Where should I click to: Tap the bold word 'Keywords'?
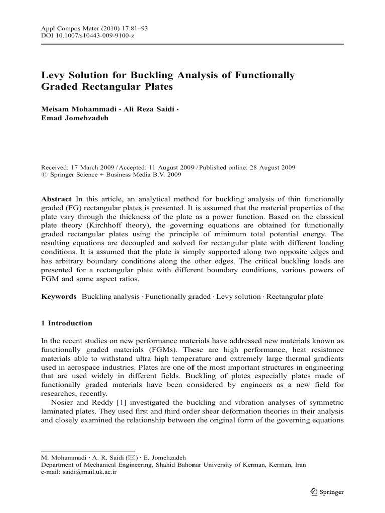click(58, 296)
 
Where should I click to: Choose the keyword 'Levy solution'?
click(236, 296)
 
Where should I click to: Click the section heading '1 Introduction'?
click(66, 323)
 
